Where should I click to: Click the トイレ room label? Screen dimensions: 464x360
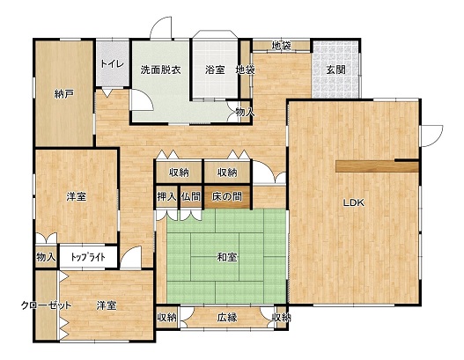pyautogui.click(x=112, y=64)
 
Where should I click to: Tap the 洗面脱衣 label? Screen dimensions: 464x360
pyautogui.click(x=160, y=70)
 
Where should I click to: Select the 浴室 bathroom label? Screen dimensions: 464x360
pyautogui.click(x=215, y=70)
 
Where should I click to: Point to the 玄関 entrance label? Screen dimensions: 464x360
pyautogui.click(x=335, y=70)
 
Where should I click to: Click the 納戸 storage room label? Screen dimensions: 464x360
pyautogui.click(x=64, y=94)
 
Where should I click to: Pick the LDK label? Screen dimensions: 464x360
pyautogui.click(x=353, y=202)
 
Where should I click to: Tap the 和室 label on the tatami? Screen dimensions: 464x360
pyautogui.click(x=227, y=258)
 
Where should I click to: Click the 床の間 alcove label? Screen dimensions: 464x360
pyautogui.click(x=227, y=196)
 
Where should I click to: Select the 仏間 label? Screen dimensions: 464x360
pyautogui.click(x=191, y=196)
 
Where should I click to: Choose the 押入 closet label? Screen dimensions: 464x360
pyautogui.click(x=167, y=196)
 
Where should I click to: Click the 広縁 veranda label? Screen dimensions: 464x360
pyautogui.click(x=227, y=318)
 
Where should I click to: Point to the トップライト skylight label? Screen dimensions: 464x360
pyautogui.click(x=88, y=257)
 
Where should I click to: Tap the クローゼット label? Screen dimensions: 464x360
pyautogui.click(x=47, y=305)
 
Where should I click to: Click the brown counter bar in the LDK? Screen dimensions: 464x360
pyautogui.click(x=378, y=166)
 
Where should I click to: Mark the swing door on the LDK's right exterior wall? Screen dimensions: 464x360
pyautogui.click(x=431, y=136)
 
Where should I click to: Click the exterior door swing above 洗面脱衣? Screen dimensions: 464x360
pyautogui.click(x=161, y=27)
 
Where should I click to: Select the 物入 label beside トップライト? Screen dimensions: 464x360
pyautogui.click(x=46, y=257)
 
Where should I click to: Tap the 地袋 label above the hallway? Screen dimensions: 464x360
pyautogui.click(x=282, y=46)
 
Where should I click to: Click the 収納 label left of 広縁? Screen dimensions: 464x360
pyautogui.click(x=167, y=318)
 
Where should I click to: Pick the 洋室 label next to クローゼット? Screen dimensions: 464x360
pyautogui.click(x=107, y=305)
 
